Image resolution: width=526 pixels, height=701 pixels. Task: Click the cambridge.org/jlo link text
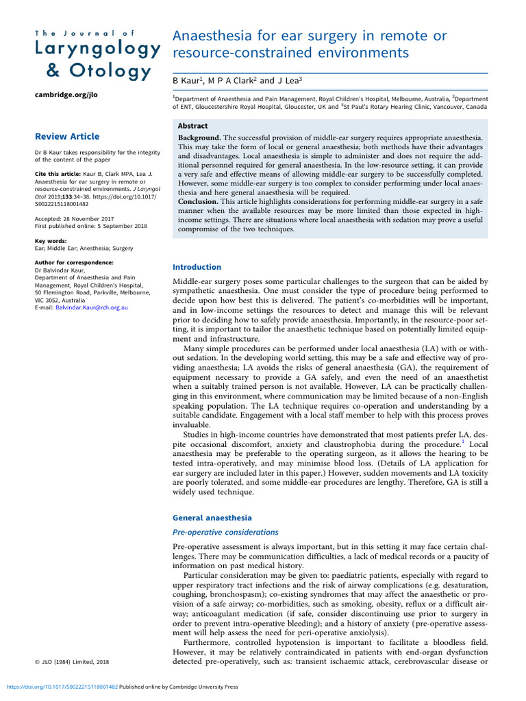click(66, 95)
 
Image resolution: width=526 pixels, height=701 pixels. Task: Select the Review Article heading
click(67, 136)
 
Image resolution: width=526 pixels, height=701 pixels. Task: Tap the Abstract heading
click(193, 127)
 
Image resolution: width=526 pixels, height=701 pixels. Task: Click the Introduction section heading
click(197, 267)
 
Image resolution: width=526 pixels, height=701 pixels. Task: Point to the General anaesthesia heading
click(212, 518)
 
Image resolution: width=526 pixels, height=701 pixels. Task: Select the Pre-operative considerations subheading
click(225, 532)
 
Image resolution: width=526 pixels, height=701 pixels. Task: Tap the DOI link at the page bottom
click(62, 687)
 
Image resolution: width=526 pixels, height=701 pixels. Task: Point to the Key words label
click(51, 241)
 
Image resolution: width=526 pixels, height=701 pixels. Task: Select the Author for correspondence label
click(74, 262)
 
